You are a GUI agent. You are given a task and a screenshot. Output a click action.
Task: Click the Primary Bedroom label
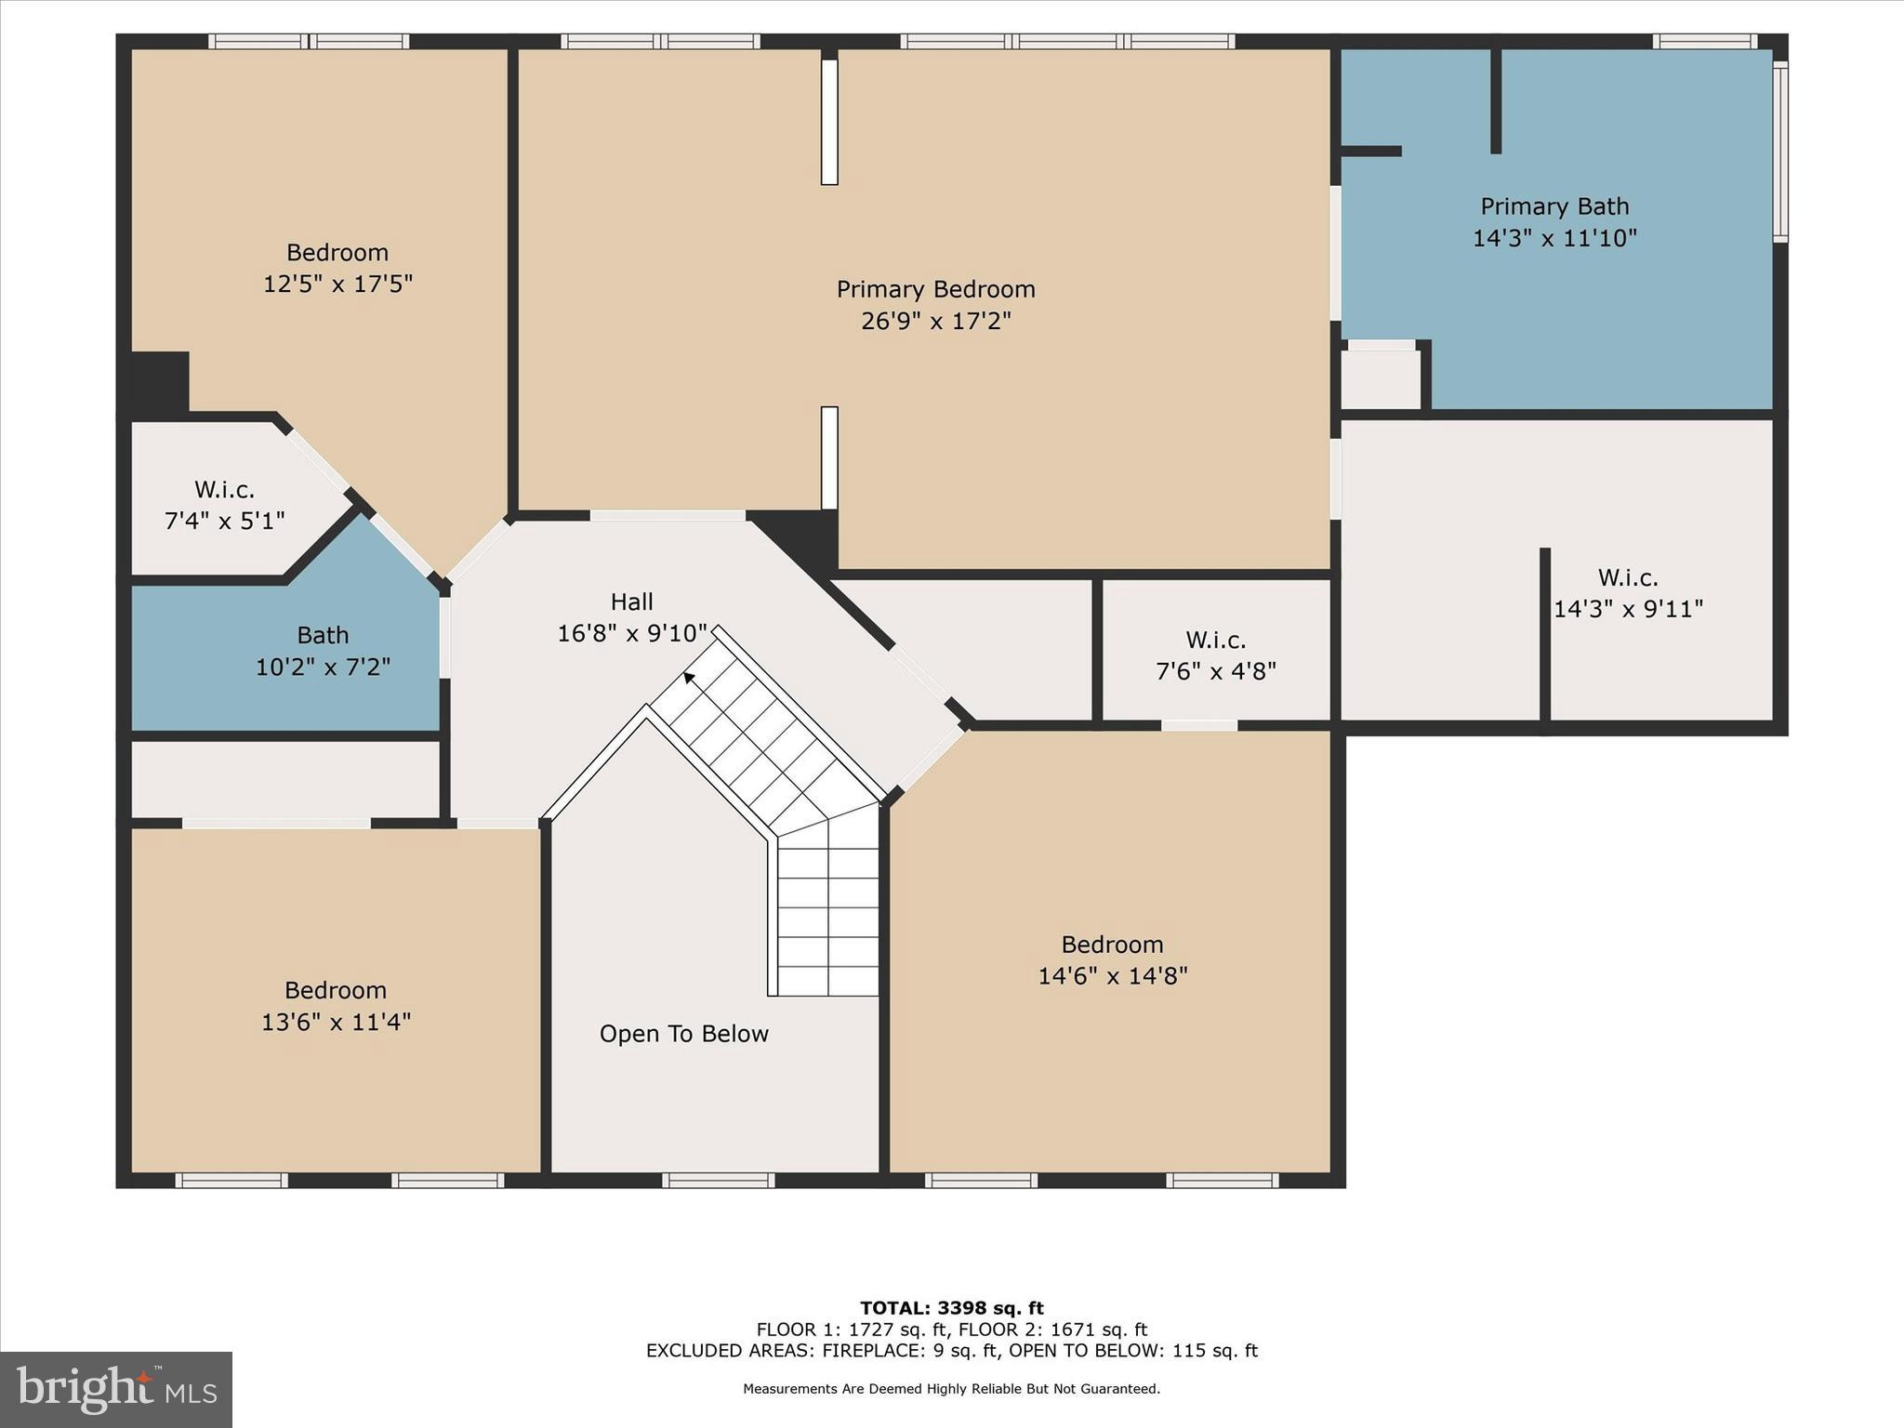pos(935,289)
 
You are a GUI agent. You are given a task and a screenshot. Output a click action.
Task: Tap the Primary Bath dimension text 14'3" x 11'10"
pos(1554,238)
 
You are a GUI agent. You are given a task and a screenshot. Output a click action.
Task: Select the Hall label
pos(631,602)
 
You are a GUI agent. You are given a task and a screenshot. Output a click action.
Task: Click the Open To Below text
pos(683,1034)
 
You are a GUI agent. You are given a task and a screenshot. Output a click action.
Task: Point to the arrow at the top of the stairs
pos(689,678)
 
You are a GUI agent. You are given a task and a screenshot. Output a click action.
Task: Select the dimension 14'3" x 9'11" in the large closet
pos(1628,609)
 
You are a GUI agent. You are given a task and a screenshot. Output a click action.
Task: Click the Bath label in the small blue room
pos(323,635)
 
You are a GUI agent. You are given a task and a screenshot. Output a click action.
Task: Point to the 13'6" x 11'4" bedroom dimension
pos(336,1022)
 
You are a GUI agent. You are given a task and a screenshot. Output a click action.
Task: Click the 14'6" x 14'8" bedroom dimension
pos(1112,975)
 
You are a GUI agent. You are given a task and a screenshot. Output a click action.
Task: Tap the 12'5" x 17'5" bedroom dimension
pos(337,284)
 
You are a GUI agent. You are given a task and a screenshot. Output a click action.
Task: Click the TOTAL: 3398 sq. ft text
pos(951,1308)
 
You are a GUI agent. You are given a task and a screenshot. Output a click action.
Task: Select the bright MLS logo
pos(116,1390)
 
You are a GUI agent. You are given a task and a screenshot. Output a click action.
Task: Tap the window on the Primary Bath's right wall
pos(1779,151)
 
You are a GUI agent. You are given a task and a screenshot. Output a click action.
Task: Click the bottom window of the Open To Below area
pos(718,1181)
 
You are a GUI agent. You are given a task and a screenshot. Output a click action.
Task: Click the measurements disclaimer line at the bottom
pos(951,1389)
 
